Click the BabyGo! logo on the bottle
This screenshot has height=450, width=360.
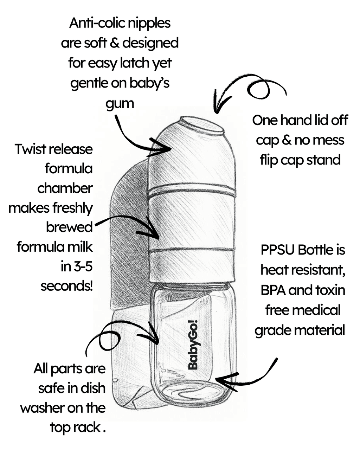click(x=193, y=345)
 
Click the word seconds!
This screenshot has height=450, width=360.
click(x=67, y=285)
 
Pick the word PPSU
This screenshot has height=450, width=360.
click(x=278, y=250)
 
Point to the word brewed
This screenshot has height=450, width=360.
click(x=69, y=227)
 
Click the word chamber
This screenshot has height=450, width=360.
click(x=65, y=188)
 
